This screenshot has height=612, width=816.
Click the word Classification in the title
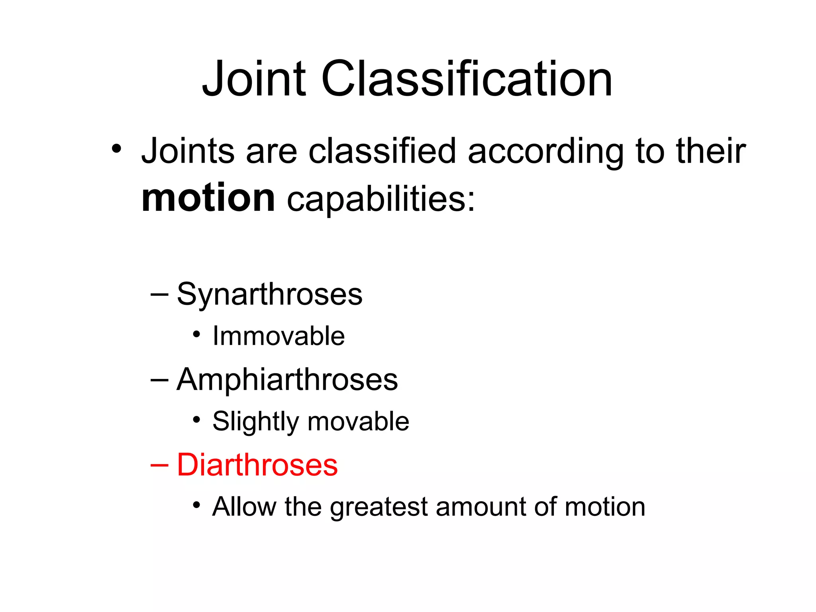pyautogui.click(x=467, y=78)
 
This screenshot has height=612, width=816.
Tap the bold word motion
pyautogui.click(x=208, y=198)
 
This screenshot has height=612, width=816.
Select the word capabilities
pyautogui.click(x=381, y=199)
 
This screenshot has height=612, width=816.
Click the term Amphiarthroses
pyautogui.click(x=287, y=380)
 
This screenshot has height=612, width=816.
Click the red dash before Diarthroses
pyautogui.click(x=160, y=465)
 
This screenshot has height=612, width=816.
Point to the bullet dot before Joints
pyautogui.click(x=116, y=149)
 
